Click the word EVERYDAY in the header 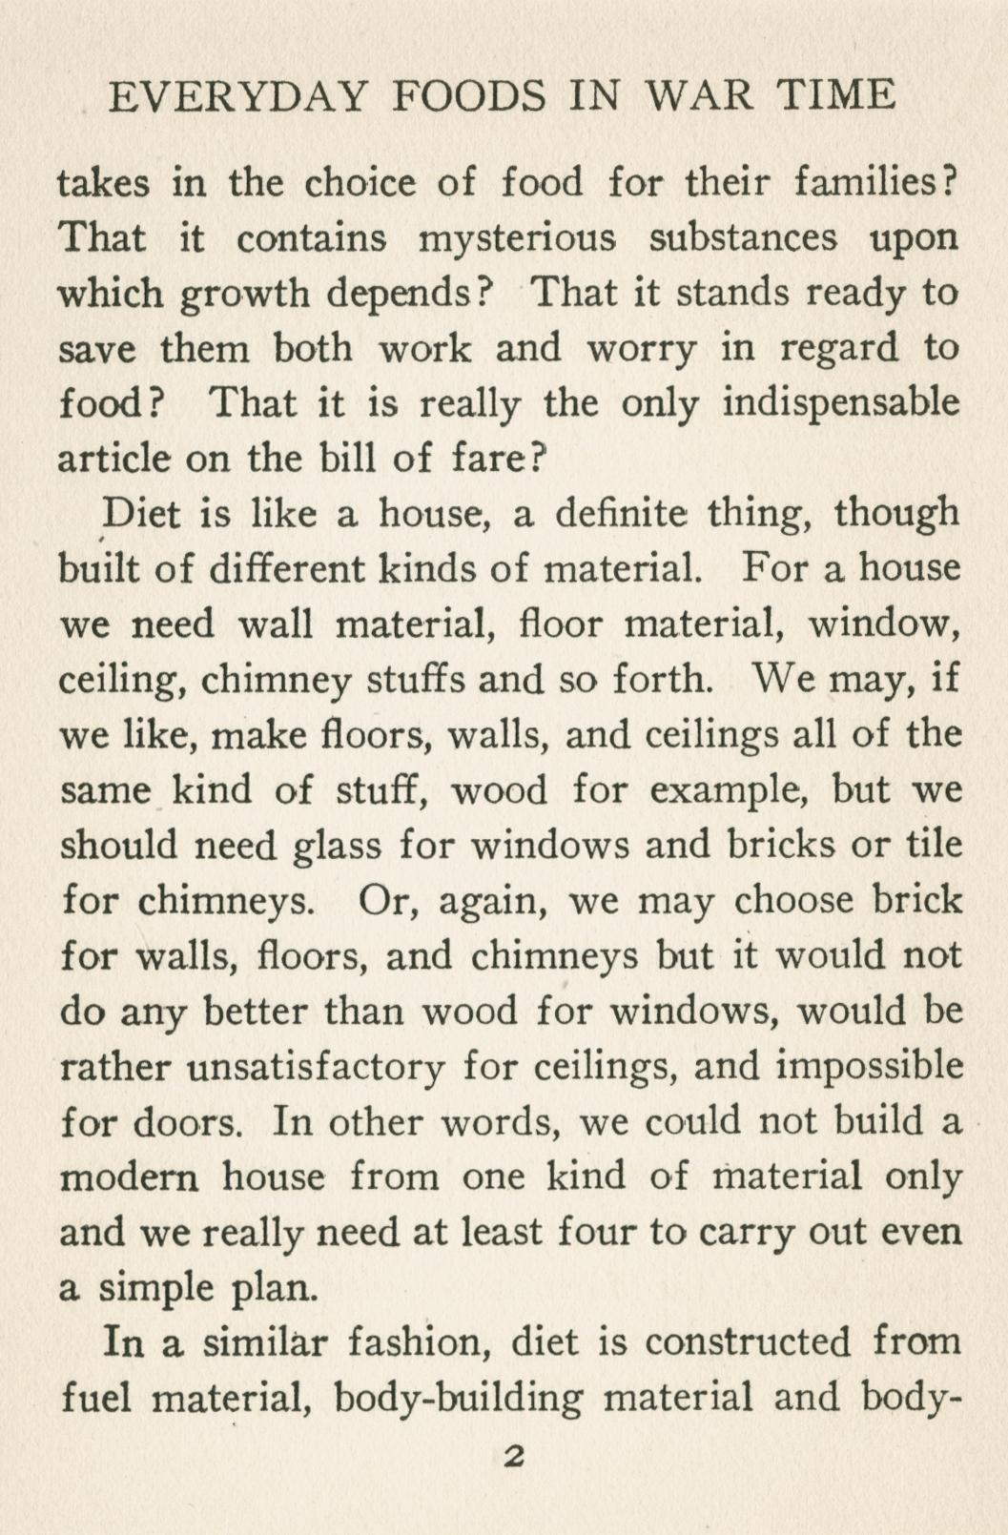[x=238, y=96]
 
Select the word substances [x=743, y=237]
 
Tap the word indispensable [x=840, y=403]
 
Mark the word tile [x=932, y=844]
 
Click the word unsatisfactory [x=315, y=1066]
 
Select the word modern [x=130, y=1177]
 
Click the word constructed [x=748, y=1342]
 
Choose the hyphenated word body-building [x=459, y=1398]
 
